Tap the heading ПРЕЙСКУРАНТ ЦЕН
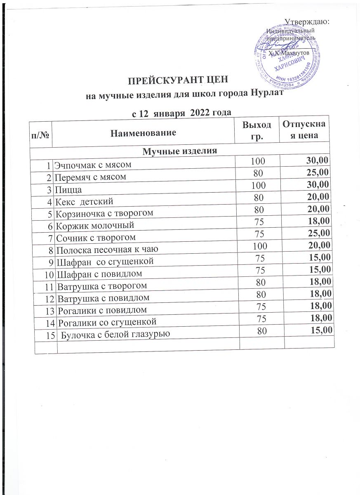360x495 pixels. click(x=177, y=80)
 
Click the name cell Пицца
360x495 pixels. click(x=68, y=190)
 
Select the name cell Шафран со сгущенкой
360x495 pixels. click(x=105, y=261)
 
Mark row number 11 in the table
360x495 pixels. click(x=49, y=285)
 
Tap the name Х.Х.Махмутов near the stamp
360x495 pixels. click(x=288, y=54)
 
